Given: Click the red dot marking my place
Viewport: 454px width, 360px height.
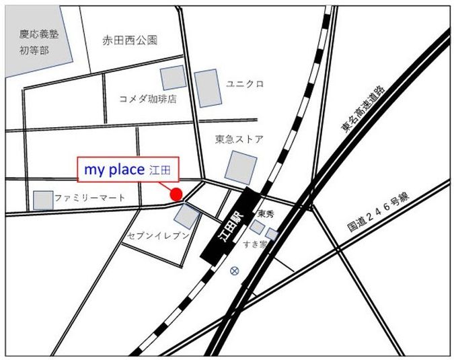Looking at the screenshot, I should click(x=176, y=194).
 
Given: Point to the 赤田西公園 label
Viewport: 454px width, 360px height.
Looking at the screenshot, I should click(x=130, y=40).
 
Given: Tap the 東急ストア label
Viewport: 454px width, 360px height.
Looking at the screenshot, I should click(x=239, y=139).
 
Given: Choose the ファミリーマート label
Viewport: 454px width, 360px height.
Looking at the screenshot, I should click(x=89, y=199).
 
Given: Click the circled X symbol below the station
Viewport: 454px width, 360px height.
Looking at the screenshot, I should click(x=234, y=271).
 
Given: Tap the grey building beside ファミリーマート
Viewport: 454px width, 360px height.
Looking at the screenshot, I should click(x=44, y=200).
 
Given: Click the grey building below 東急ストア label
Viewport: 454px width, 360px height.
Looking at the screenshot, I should click(x=241, y=168).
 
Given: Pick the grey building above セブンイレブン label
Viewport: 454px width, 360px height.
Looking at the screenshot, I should click(x=186, y=216).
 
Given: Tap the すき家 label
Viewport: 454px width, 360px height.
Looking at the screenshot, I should click(x=256, y=244).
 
